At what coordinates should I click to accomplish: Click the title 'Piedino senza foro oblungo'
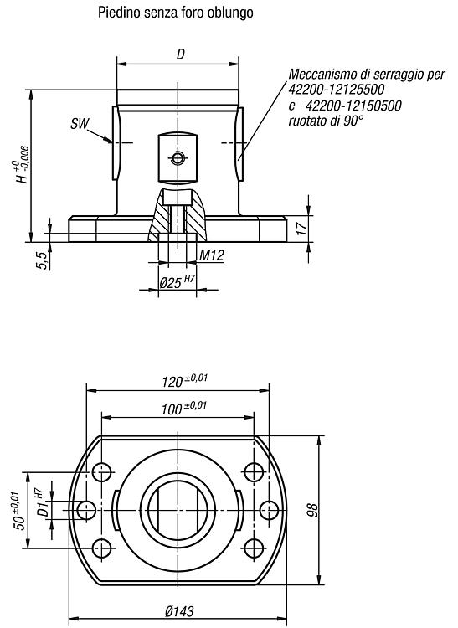click(x=176, y=13)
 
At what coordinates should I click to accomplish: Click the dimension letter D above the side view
click(x=181, y=54)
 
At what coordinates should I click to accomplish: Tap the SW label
click(x=80, y=124)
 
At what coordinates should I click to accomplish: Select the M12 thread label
click(x=211, y=255)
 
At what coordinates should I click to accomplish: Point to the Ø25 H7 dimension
click(x=177, y=282)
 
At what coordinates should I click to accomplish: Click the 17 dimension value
click(x=302, y=227)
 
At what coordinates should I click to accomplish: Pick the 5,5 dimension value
click(x=43, y=260)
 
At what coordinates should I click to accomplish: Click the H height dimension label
click(x=23, y=165)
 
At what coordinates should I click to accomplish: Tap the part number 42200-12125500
click(x=337, y=89)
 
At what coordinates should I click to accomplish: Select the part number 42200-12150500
click(x=353, y=106)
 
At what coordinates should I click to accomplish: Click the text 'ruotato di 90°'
click(x=327, y=121)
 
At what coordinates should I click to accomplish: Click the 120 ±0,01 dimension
click(x=184, y=380)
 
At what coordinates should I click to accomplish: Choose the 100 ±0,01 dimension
click(x=184, y=408)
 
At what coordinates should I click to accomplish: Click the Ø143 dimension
click(x=179, y=611)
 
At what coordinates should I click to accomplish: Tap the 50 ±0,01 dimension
click(x=19, y=510)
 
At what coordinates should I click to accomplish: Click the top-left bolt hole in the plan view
click(x=101, y=472)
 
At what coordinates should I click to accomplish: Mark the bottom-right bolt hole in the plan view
click(x=254, y=548)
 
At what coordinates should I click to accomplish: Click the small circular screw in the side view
click(x=178, y=158)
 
